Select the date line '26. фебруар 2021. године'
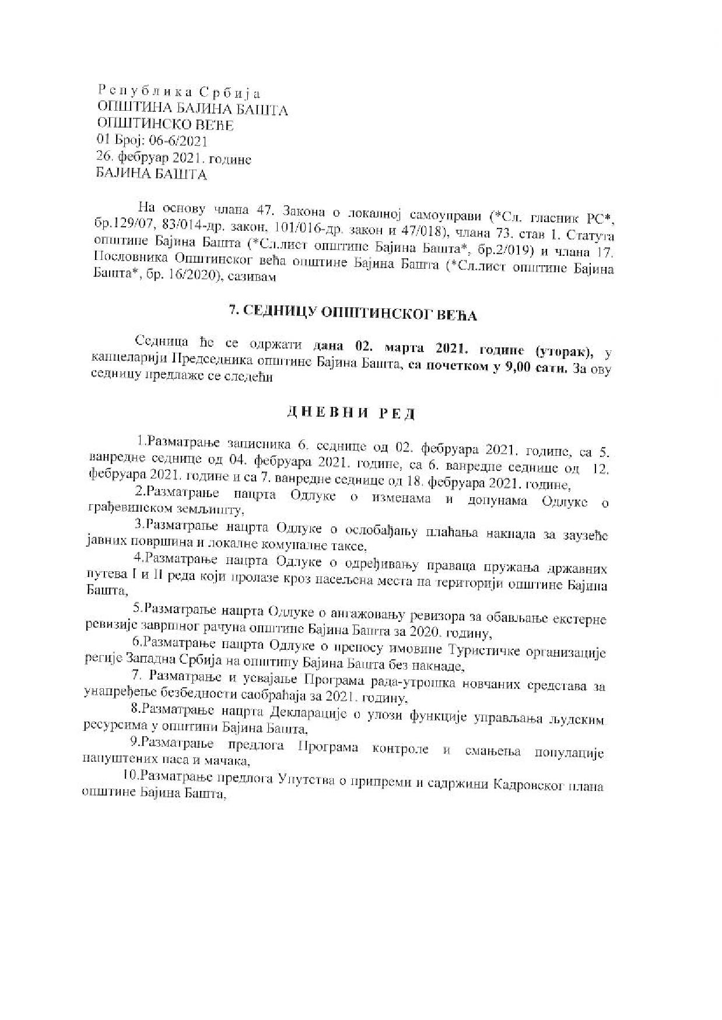(x=174, y=158)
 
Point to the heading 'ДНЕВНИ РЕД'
(x=351, y=413)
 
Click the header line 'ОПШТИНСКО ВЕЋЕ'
(x=164, y=125)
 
